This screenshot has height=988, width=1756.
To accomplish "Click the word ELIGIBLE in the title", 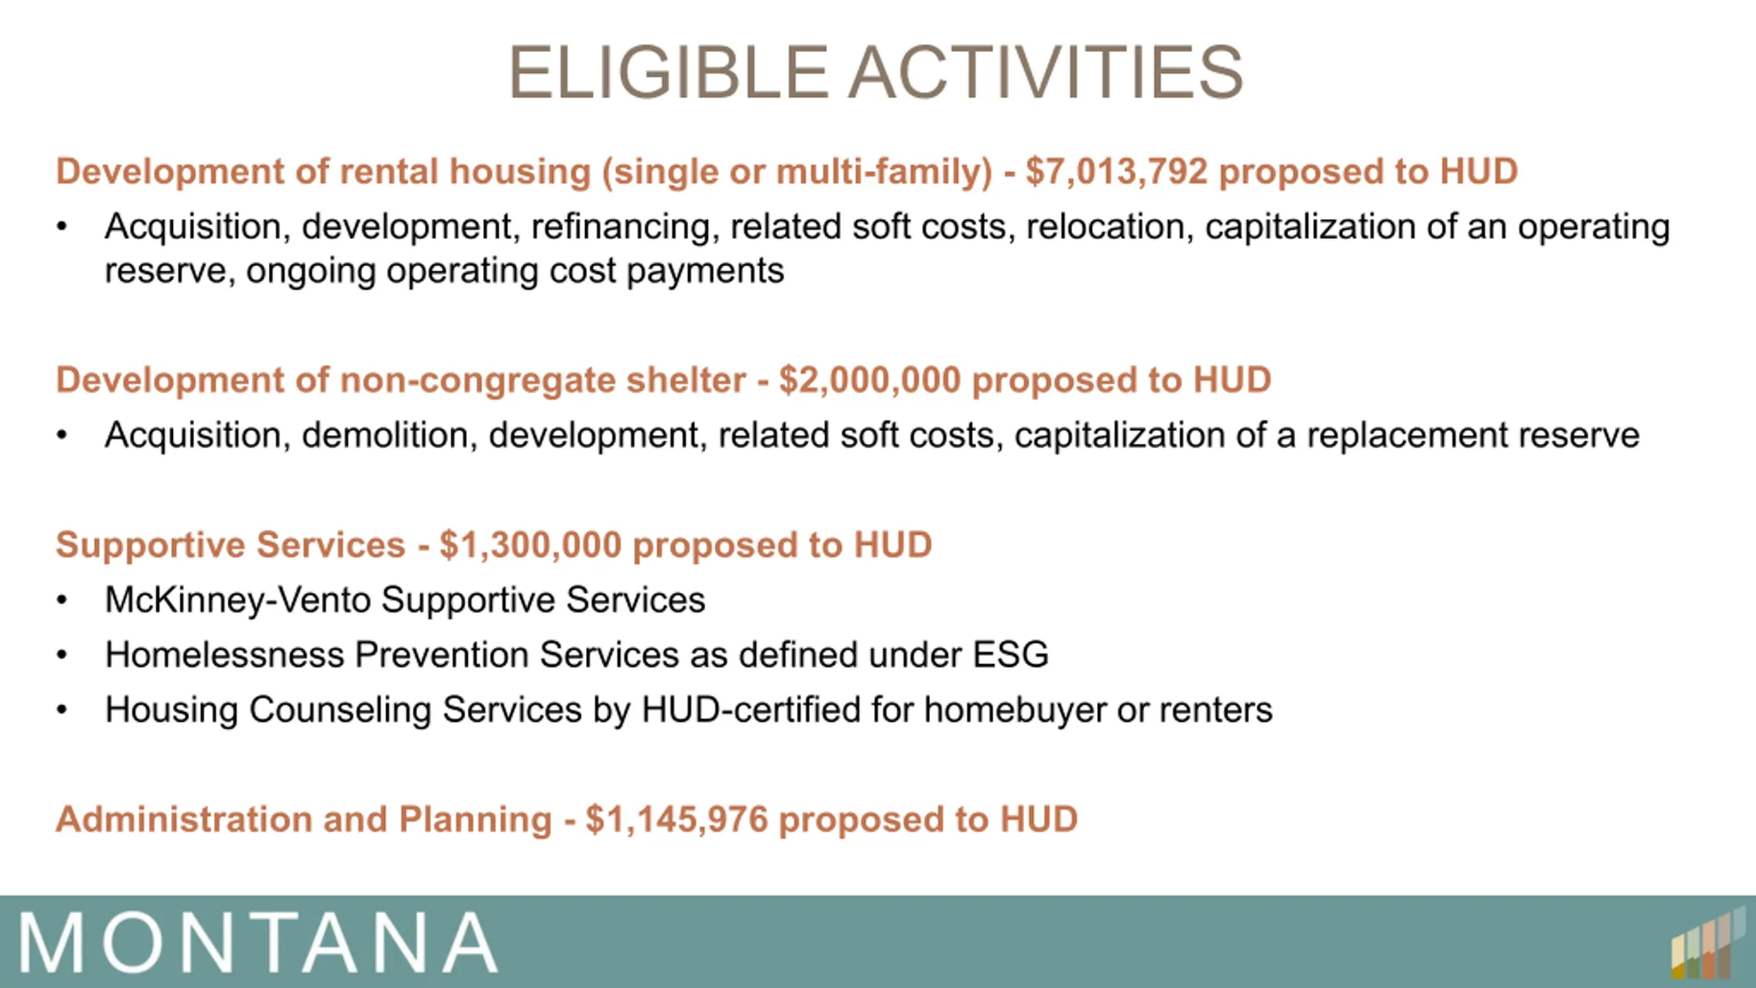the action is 669,72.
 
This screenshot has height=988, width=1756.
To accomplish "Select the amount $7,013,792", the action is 1116,172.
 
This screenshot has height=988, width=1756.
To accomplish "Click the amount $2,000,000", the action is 870,381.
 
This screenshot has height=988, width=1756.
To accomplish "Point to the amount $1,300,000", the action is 530,545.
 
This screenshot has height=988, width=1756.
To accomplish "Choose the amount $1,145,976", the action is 677,820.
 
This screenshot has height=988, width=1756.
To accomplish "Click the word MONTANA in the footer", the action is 258,943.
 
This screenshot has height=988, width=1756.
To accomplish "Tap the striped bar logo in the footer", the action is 1708,943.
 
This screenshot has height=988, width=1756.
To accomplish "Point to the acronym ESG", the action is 1011,655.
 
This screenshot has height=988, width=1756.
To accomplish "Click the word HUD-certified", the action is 750,710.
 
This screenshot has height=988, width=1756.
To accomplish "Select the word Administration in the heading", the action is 184,820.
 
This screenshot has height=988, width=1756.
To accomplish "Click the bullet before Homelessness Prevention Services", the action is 62,655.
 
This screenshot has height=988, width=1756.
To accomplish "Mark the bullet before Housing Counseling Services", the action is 62,710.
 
